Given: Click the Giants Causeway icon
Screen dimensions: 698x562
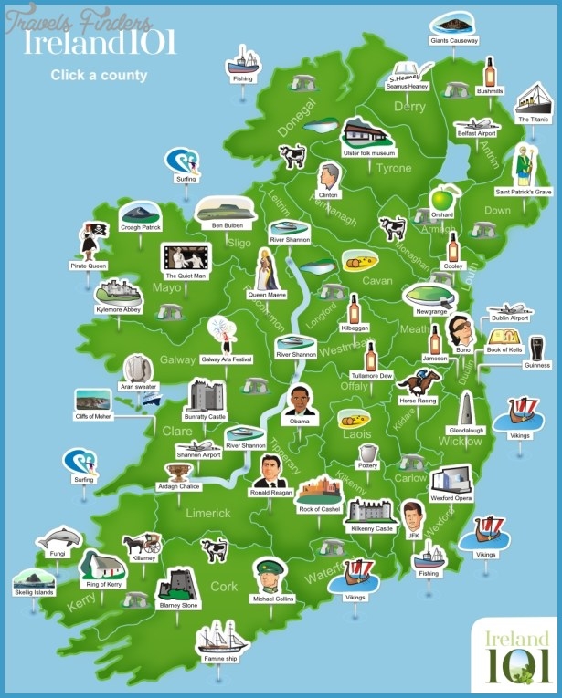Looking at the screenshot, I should pos(452,22).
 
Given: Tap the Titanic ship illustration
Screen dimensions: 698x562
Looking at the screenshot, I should pos(533,98).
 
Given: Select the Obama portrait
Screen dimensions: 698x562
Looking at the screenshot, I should pos(299,401).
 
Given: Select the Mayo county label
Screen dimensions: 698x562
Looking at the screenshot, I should pos(167,288).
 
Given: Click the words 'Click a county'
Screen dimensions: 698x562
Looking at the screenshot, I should pos(99,76).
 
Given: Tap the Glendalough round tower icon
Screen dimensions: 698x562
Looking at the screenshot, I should pos(466,409).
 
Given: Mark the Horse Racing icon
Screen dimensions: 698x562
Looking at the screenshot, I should pos(419,380).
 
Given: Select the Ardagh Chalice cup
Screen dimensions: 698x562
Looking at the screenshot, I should pos(178,472).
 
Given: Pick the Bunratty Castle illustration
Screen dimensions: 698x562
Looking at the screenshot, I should pos(205,396).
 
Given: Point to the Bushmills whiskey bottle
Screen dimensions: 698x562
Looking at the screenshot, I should pos(490,72).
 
